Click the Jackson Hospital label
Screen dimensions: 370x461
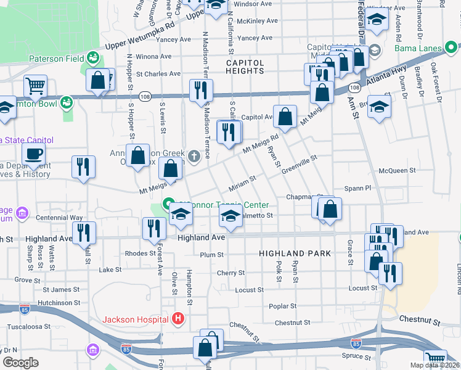click(135, 319)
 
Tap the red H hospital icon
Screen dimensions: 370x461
click(178, 319)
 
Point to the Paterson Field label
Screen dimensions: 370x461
click(55, 59)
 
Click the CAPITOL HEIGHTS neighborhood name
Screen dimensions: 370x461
click(245, 67)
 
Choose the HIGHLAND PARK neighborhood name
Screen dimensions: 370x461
click(295, 253)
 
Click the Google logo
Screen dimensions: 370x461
click(20, 363)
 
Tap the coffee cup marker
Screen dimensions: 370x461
click(33, 154)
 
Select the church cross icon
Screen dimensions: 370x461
click(195, 155)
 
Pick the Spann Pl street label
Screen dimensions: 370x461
click(360, 187)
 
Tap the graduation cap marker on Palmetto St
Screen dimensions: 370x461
click(230, 217)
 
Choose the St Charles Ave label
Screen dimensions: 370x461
click(158, 74)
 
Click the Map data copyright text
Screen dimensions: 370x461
click(434, 365)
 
